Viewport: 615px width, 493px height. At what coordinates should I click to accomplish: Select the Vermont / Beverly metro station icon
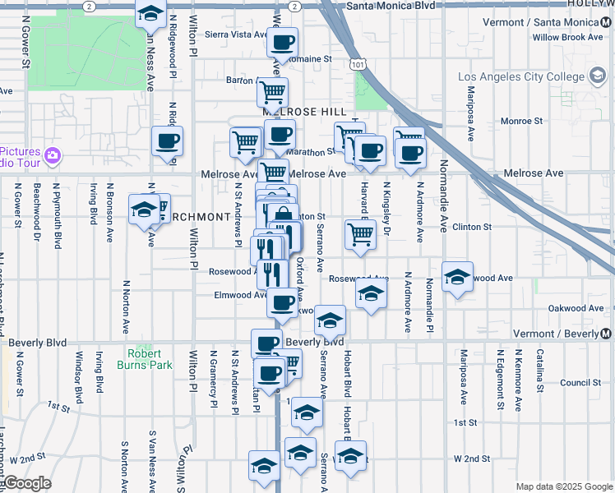point(606,334)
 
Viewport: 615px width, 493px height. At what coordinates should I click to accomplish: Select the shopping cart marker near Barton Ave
point(271,92)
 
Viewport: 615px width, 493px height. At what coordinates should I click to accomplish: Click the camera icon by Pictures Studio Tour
point(53,154)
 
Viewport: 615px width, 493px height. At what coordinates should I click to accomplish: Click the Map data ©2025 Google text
point(563,486)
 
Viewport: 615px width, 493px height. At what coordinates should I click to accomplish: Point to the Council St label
point(580,383)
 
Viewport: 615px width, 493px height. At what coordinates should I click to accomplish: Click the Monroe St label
point(521,121)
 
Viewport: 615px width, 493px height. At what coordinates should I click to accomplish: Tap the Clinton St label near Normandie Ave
point(471,227)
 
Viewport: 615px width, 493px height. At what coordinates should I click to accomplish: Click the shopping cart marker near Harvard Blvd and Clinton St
point(360,233)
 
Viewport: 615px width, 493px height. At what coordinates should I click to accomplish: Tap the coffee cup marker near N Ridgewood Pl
point(167,141)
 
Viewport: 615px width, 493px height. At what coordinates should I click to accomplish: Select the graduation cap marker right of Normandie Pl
point(457,277)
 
